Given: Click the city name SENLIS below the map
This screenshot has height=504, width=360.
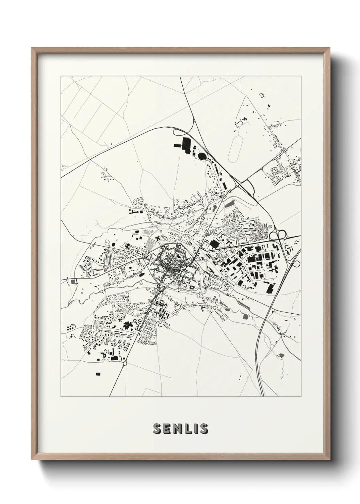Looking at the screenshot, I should (180, 429).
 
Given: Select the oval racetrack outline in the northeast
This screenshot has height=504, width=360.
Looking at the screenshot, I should (235, 149).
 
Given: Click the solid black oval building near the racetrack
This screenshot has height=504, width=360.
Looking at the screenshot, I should (202, 156).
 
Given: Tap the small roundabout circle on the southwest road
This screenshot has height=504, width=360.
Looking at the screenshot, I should (125, 364).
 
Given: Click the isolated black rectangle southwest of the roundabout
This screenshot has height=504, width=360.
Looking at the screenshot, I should (98, 374).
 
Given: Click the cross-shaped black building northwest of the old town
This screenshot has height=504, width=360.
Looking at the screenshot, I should (158, 238).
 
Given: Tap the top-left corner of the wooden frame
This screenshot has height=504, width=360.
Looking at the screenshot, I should (32, 48).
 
